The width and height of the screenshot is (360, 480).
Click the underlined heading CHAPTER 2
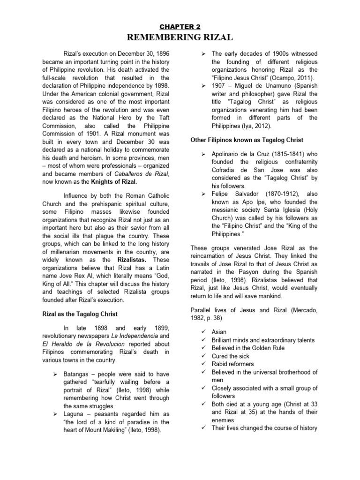coord(180,28)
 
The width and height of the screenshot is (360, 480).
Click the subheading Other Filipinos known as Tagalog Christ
coord(247,140)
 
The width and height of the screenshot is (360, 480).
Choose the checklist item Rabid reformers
coord(236,364)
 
